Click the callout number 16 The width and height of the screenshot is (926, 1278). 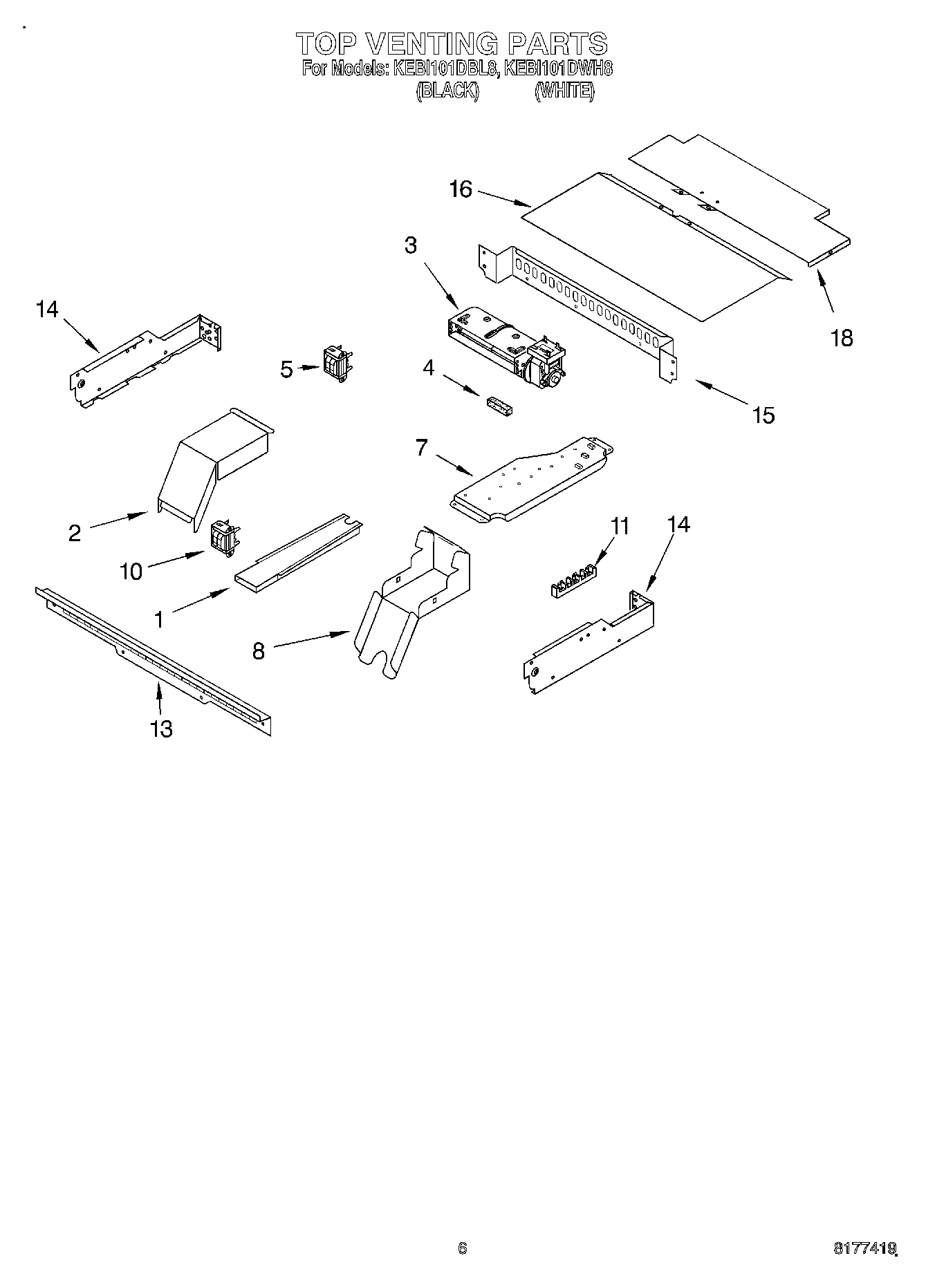coord(461,189)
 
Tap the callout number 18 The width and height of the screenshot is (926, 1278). coord(842,338)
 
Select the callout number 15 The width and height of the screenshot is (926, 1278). coord(763,415)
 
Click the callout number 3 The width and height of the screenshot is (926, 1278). coord(411,245)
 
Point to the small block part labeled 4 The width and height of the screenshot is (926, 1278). coord(499,406)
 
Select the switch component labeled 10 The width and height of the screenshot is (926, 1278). coord(224,537)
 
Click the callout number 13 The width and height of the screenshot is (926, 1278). coord(161,729)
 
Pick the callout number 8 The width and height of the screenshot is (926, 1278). coord(259,651)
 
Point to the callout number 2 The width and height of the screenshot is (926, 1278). coord(75,532)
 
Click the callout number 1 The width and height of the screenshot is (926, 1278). coord(159,620)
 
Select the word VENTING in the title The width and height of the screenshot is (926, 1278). coord(429,44)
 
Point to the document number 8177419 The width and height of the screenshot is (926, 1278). coord(864,1249)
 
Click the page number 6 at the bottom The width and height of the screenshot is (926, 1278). coord(462,1248)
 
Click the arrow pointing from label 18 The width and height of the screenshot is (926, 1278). coord(825,292)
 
